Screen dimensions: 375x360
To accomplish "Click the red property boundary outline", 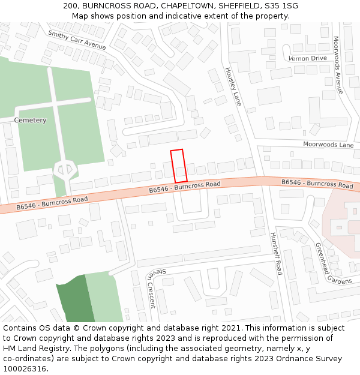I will (x=178, y=166).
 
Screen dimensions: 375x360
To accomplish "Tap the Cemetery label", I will (x=30, y=121).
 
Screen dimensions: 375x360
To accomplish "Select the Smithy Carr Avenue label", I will (x=77, y=40).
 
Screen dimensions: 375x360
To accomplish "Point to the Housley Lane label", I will (x=232, y=86).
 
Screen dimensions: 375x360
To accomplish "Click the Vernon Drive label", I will (x=307, y=58).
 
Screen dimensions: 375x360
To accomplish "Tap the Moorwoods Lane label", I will (x=328, y=145).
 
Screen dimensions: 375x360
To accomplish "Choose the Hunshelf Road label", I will (x=275, y=253).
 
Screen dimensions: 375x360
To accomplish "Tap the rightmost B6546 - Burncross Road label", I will (x=317, y=184).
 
